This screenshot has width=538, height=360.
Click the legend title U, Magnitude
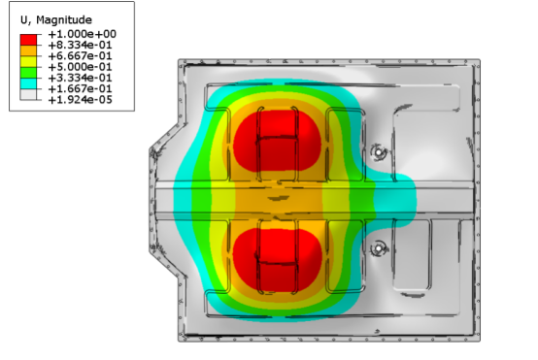click(51, 18)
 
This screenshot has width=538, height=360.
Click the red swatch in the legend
click(29, 36)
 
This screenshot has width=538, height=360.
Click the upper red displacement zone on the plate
click(277, 141)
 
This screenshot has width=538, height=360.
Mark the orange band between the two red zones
click(277, 199)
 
